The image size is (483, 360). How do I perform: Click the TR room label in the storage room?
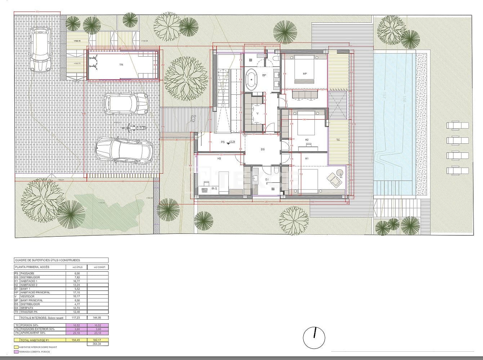121,65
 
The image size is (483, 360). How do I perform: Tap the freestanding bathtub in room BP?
251,80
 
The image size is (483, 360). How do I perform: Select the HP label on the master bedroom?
305,74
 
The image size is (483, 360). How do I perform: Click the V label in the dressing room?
258,113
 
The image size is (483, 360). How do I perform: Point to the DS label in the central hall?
263,149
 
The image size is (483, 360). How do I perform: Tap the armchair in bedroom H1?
335,179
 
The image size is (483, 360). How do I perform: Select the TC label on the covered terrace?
338,140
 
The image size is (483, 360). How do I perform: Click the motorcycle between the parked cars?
135,127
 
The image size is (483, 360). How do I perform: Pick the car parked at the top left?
41,50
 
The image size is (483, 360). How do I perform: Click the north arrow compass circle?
314,338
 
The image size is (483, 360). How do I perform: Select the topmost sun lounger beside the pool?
457,125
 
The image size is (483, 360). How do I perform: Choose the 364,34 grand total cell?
98,344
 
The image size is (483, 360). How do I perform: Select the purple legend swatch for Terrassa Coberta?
16,352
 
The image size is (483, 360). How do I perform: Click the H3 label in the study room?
219,159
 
